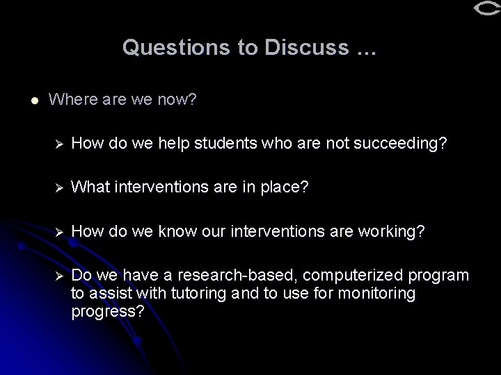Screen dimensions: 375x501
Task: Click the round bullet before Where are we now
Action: tap(26, 100)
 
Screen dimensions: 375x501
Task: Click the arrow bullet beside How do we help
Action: tap(59, 143)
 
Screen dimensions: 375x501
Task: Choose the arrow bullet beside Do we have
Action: tap(59, 276)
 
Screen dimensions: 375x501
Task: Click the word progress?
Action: tap(108, 311)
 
